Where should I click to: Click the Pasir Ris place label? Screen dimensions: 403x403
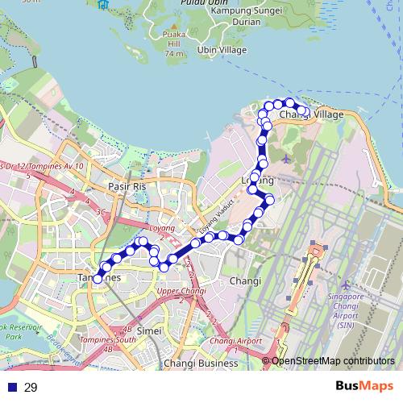pyautogui.click(x=127, y=185)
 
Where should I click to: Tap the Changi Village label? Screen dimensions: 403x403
pyautogui.click(x=311, y=115)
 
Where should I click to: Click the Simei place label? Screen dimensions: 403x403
pyautogui.click(x=149, y=330)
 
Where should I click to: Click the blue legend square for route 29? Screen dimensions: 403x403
pyautogui.click(x=12, y=388)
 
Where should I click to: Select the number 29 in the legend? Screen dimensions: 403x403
pyautogui.click(x=31, y=388)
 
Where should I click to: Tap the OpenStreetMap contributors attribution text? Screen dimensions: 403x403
pyautogui.click(x=333, y=360)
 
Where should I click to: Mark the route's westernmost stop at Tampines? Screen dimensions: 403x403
pyautogui.click(x=98, y=279)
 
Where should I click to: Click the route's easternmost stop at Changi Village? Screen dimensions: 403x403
pyautogui.click(x=304, y=111)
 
